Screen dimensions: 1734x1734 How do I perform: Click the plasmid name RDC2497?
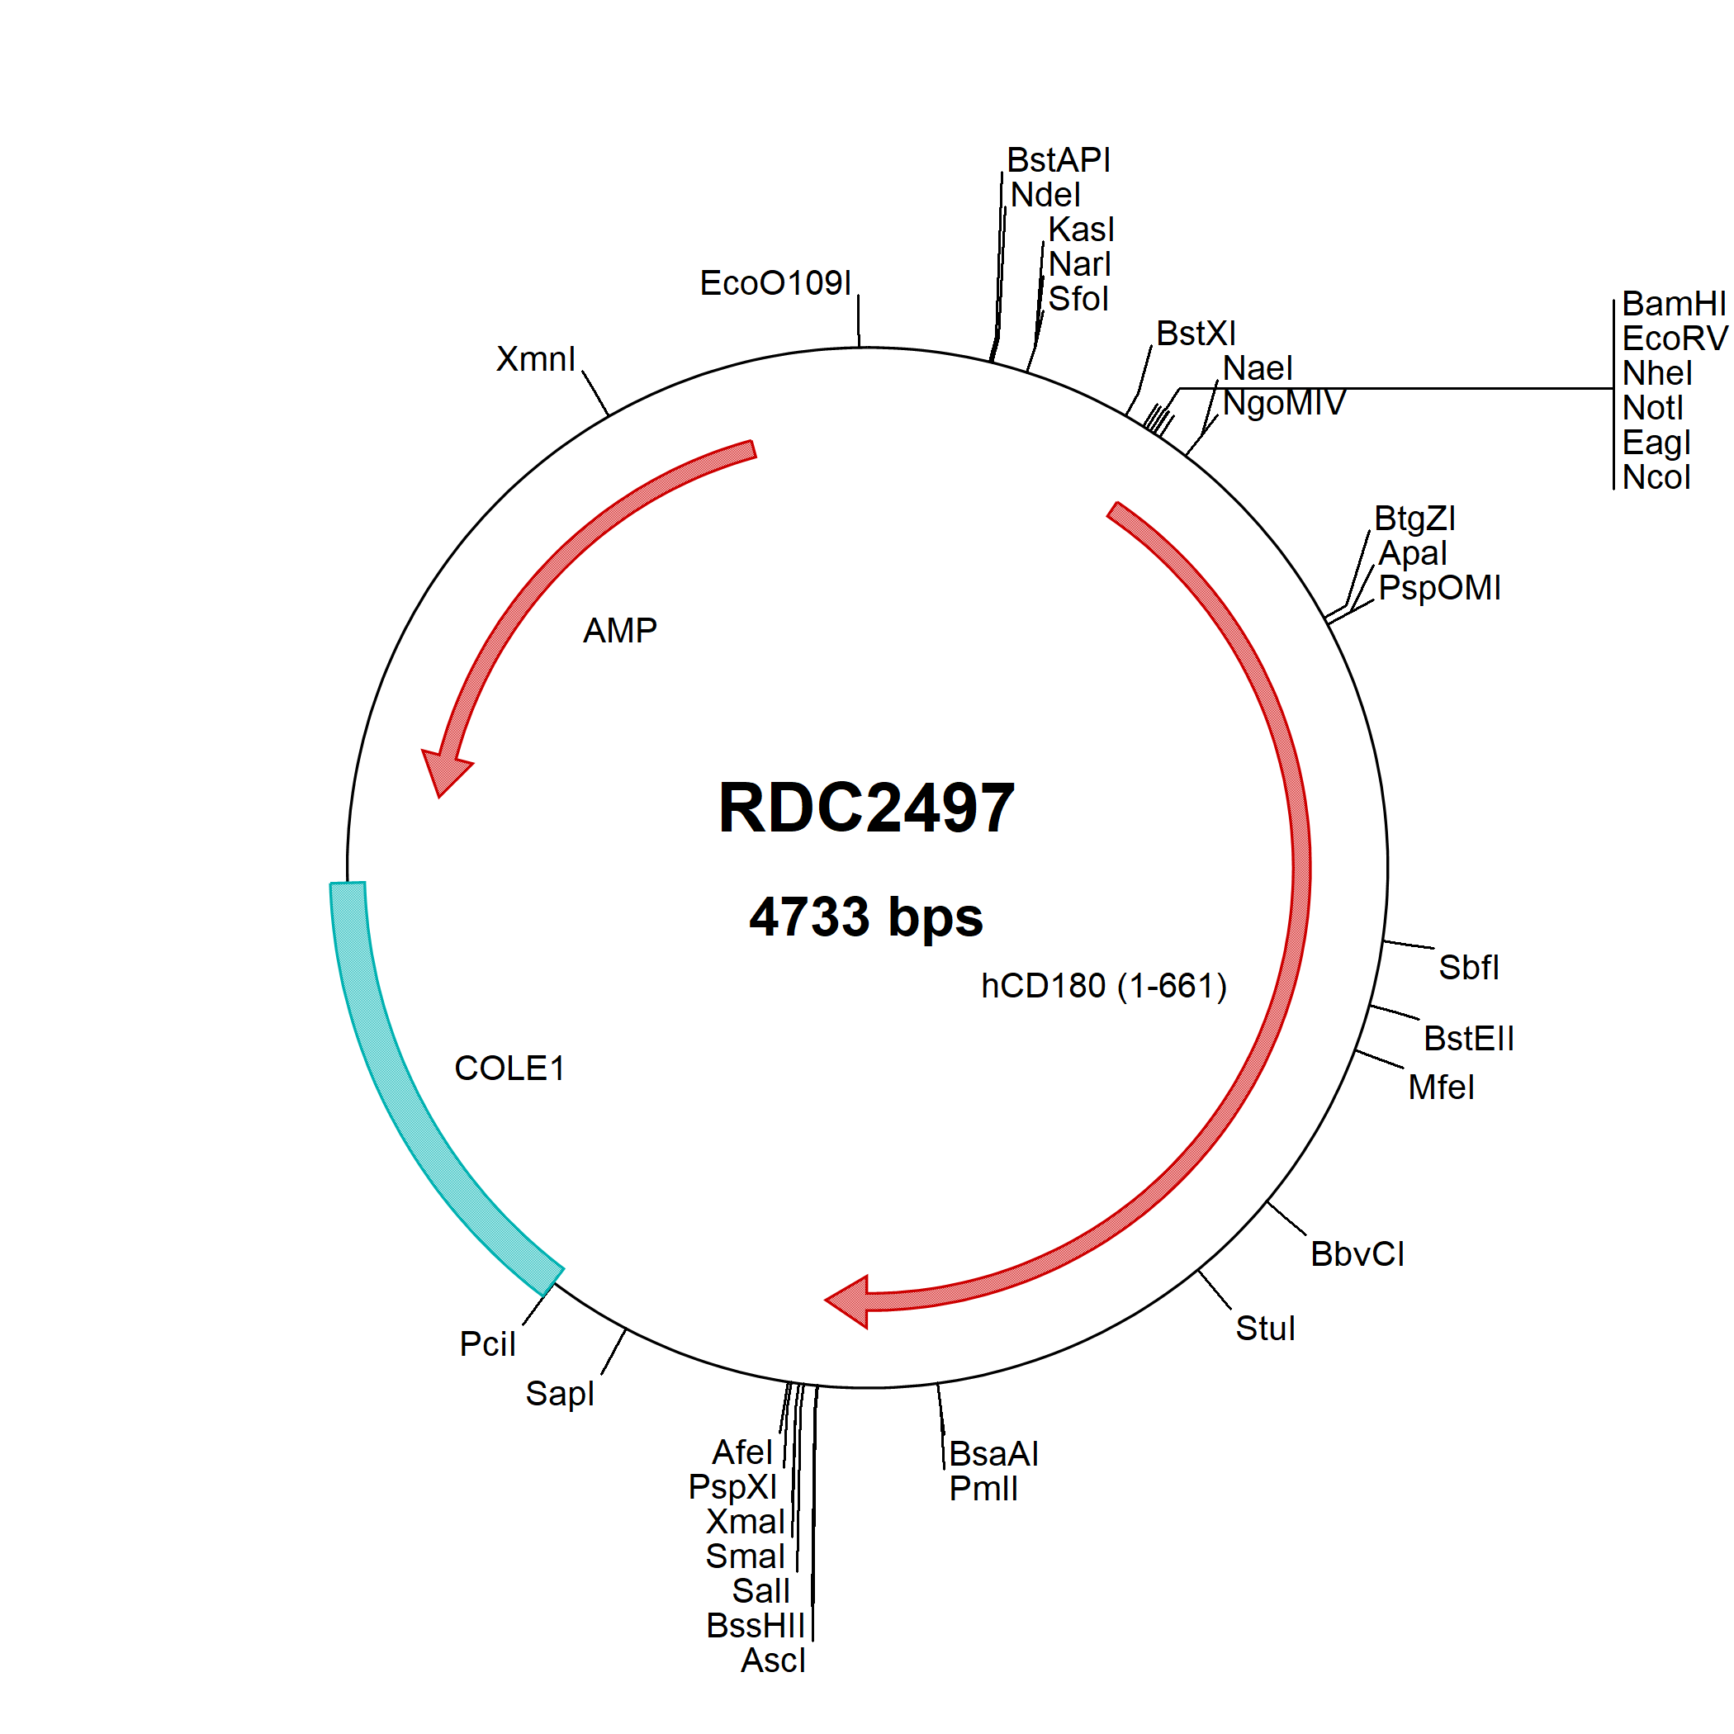click(866, 808)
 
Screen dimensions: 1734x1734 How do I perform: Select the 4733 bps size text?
click(866, 917)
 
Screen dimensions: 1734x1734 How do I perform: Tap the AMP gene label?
click(619, 630)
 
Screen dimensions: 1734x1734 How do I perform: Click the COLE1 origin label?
click(509, 1068)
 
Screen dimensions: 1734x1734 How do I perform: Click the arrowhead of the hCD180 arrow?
click(847, 1301)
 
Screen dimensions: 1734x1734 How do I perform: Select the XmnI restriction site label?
click(536, 359)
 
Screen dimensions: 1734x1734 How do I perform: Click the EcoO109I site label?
click(775, 282)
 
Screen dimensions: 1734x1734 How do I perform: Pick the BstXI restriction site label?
click(1196, 333)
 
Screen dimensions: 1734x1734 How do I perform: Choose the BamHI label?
click(1674, 303)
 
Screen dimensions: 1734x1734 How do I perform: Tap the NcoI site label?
click(1656, 476)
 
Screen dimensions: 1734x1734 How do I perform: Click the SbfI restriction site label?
click(1468, 968)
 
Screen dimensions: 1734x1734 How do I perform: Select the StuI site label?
click(1265, 1329)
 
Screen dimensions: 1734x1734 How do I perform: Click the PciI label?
click(487, 1343)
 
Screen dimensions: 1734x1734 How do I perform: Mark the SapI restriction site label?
click(559, 1394)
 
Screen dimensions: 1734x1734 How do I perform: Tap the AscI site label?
click(773, 1661)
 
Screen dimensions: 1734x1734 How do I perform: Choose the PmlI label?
click(983, 1488)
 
